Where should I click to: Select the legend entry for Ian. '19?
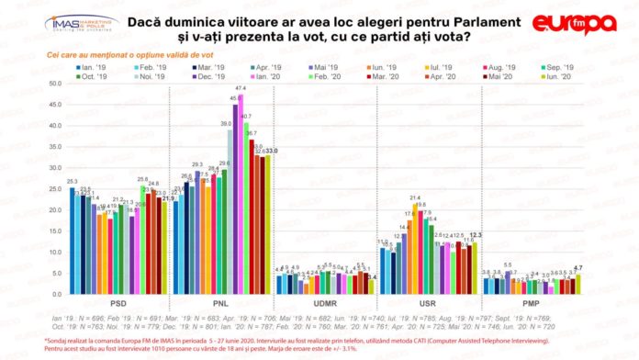point(94,68)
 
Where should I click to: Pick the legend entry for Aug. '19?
point(492,68)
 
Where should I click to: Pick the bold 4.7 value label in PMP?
point(578,268)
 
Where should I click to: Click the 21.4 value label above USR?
point(415,197)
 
